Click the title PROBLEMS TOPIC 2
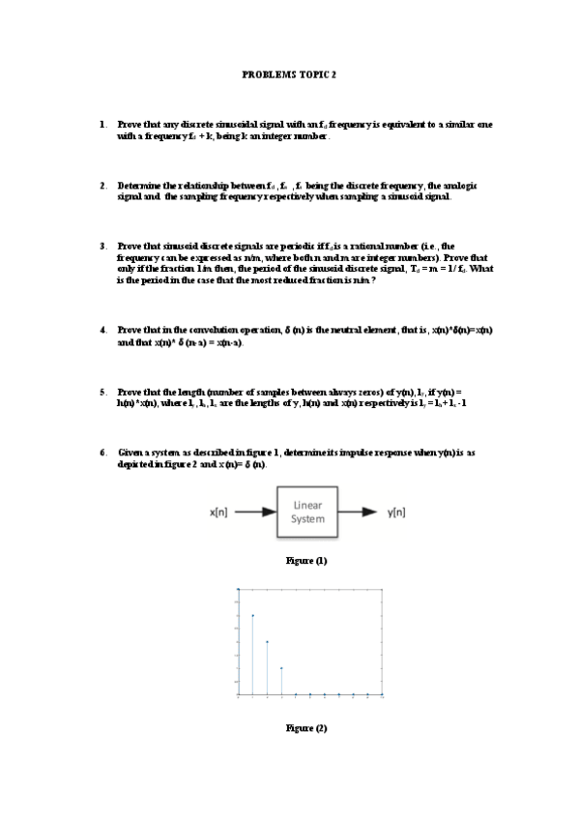click(289, 73)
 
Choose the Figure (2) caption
click(306, 728)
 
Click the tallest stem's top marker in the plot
click(238, 588)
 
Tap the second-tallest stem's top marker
click(252, 615)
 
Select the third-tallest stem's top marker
click(267, 641)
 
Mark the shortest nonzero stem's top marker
click(281, 667)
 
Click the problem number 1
click(101, 125)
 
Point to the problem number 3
click(101, 246)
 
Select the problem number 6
click(101, 452)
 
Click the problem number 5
click(101, 392)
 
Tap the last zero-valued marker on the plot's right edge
click(383, 694)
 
